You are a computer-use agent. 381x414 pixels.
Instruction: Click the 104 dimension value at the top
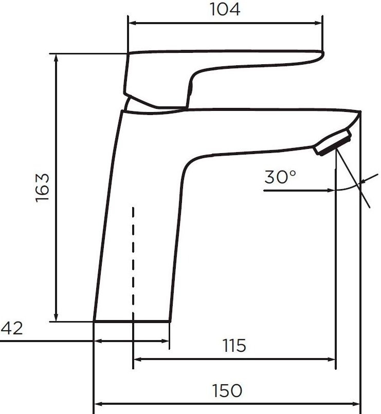pyautogui.click(x=225, y=9)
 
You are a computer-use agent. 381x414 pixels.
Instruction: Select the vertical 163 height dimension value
pyautogui.click(x=42, y=187)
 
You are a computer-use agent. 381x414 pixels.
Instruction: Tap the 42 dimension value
pyautogui.click(x=12, y=328)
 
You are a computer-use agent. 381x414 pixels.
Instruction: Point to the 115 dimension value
pyautogui.click(x=234, y=345)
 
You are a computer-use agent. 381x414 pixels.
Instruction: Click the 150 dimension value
pyautogui.click(x=227, y=391)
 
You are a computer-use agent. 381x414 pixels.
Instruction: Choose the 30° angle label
pyautogui.click(x=280, y=177)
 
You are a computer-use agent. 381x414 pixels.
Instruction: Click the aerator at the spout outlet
pyautogui.click(x=333, y=142)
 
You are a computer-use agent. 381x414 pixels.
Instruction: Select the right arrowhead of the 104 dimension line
pyautogui.click(x=318, y=23)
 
